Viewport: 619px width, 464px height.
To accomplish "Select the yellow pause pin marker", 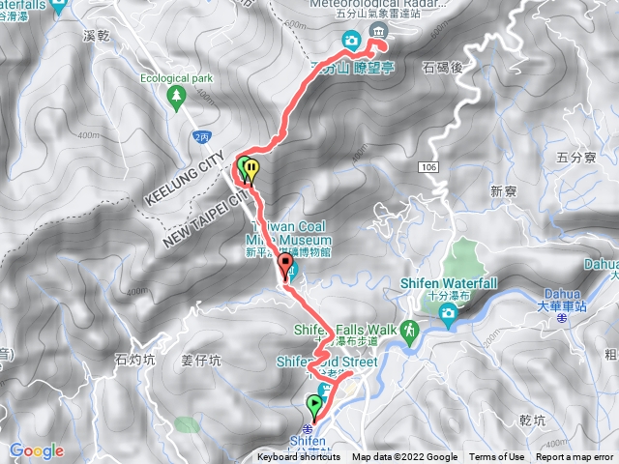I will click(251, 170).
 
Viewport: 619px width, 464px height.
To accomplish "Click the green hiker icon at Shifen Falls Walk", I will click(409, 331).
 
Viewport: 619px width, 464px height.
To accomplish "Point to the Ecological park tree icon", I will click(176, 96).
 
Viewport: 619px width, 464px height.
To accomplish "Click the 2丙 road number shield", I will click(200, 137).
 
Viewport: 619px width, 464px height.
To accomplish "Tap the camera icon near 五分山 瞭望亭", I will click(351, 41).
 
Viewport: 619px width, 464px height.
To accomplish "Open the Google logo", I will click(37, 450).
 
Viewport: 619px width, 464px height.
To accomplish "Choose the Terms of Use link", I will click(497, 457).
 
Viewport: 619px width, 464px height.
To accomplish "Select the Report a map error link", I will click(575, 457).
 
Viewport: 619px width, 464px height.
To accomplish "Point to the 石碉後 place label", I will click(445, 67).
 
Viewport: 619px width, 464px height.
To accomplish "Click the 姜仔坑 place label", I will click(201, 361).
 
